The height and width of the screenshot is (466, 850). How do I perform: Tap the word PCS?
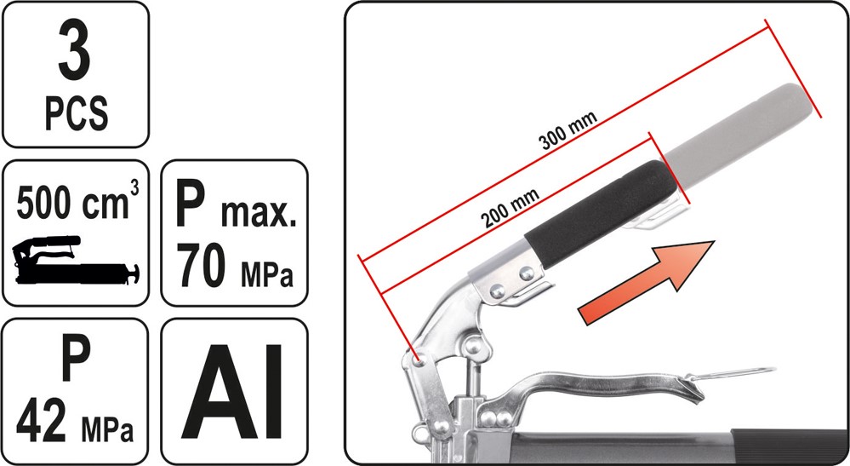click(76, 112)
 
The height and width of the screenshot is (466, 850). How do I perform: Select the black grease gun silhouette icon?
click(76, 261)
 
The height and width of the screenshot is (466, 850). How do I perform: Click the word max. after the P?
click(259, 215)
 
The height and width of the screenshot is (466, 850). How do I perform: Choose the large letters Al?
click(233, 391)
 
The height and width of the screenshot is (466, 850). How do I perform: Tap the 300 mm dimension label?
click(568, 130)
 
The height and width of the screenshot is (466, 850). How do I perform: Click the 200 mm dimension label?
click(510, 209)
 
